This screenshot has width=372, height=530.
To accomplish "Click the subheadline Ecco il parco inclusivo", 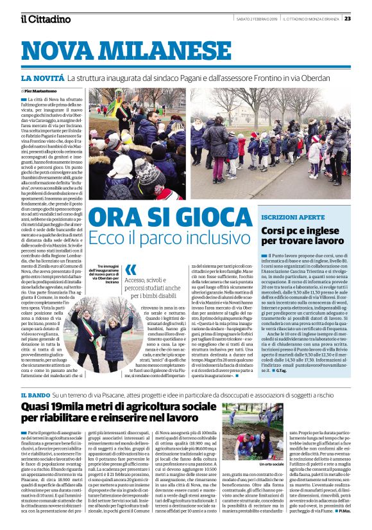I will [x=178, y=238].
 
